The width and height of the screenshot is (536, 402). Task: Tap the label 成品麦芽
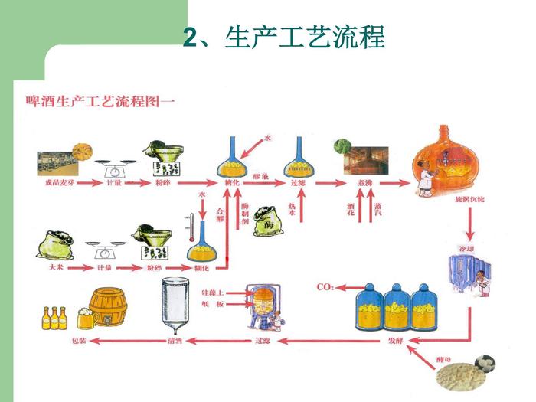tap(58, 185)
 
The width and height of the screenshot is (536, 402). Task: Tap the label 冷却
tap(468, 249)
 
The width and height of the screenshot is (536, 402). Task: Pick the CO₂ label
tap(325, 287)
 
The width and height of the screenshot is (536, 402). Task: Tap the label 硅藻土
tap(213, 293)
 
